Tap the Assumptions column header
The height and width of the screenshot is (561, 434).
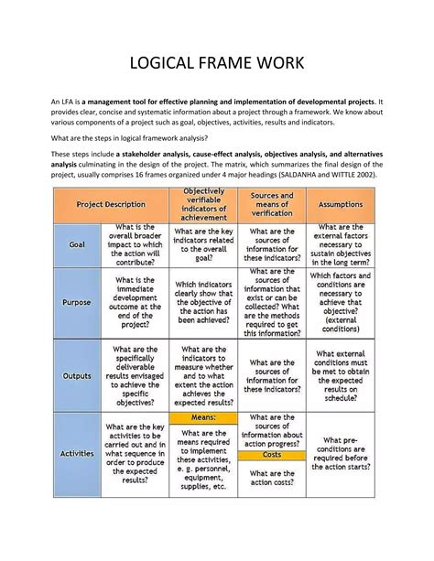341,205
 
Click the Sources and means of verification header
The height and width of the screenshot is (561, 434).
272,205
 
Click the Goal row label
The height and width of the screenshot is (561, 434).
78,244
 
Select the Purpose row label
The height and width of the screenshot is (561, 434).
78,301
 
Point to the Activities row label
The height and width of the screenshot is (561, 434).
78,453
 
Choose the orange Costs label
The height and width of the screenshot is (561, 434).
272,455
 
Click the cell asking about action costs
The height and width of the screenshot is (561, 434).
272,478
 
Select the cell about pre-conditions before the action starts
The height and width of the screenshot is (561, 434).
341,453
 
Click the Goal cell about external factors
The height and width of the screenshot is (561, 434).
341,244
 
